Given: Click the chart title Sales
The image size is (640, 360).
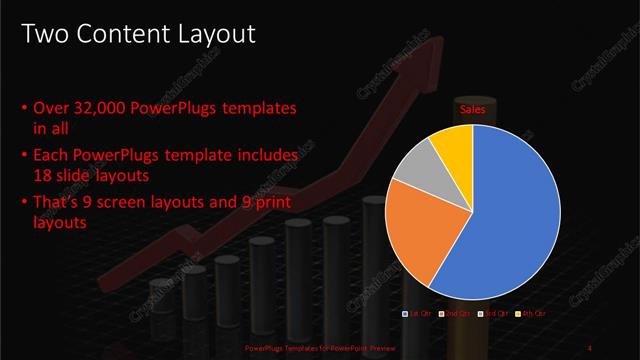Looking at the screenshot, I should (x=472, y=107).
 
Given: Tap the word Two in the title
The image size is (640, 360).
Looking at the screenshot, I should (x=44, y=34).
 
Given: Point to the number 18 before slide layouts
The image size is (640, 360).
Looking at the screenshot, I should (x=44, y=174).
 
